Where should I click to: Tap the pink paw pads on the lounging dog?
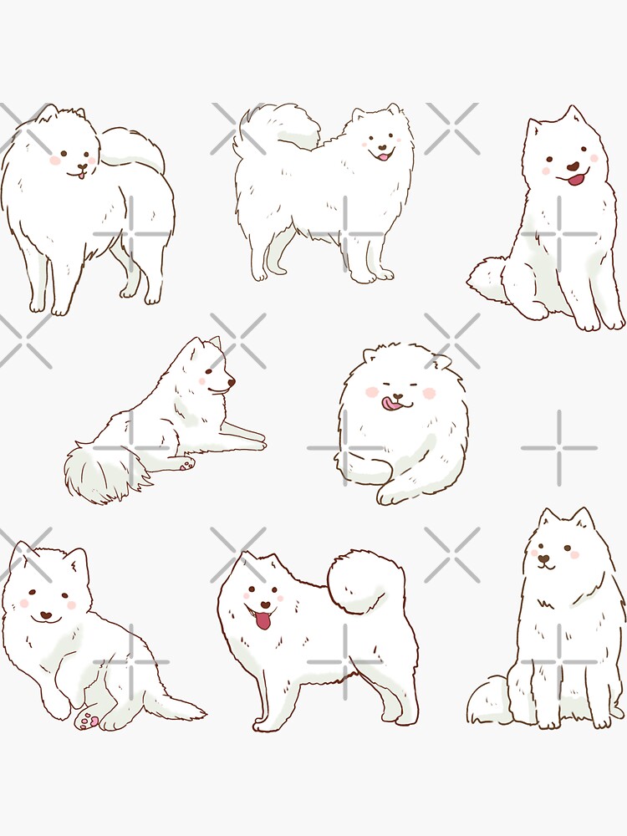click(89, 720)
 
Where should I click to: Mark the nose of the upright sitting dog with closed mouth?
click(544, 558)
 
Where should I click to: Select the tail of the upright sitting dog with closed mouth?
click(489, 703)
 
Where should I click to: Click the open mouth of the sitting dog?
click(575, 177)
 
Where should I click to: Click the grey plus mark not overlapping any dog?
click(559, 448)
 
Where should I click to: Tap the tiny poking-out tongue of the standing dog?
click(81, 174)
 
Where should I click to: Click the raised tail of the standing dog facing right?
click(276, 130)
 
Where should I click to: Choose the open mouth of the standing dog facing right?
click(382, 155)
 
